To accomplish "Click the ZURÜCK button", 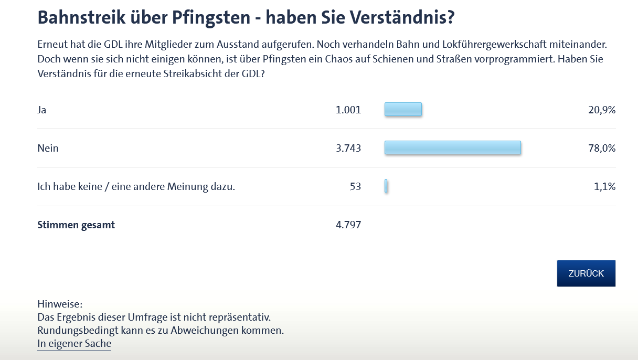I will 586,273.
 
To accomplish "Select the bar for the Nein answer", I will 453,148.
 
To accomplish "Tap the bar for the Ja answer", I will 403,110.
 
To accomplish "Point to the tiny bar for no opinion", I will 386,186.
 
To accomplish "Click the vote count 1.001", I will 348,110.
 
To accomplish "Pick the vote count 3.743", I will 348,148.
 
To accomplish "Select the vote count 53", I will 355,186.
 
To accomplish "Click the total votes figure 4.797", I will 348,225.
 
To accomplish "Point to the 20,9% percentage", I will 601,110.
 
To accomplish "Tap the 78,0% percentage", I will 601,148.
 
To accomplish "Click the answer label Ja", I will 42,110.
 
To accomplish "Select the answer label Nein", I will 48,148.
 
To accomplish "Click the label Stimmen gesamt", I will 76,225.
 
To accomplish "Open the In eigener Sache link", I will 74,344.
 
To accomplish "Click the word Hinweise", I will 60,304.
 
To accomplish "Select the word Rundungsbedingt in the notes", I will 75,331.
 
